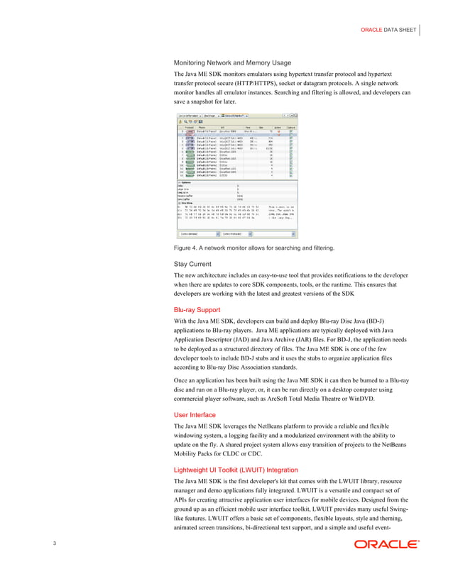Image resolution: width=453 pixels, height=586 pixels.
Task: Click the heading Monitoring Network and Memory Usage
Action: pos(233,62)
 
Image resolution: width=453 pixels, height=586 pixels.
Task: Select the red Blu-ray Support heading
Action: pos(197,309)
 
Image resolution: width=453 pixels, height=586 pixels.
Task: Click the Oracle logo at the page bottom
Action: pos(386,545)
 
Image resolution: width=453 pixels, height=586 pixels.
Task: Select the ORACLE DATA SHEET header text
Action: pos(389,29)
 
